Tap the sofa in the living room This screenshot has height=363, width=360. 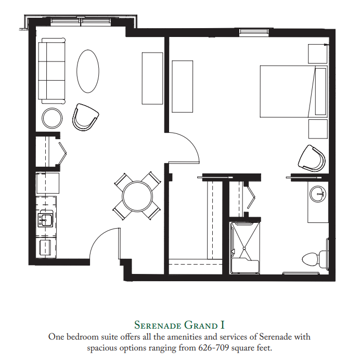[x=52, y=71]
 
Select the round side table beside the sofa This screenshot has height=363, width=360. [x=52, y=118]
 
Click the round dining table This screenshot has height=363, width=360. [x=137, y=196]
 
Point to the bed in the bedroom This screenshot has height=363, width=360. [x=293, y=92]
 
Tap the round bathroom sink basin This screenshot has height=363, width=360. [x=318, y=193]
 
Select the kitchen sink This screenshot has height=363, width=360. [x=46, y=220]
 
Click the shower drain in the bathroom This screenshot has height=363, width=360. [x=244, y=248]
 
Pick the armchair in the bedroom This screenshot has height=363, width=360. [x=312, y=158]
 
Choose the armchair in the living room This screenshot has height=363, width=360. [x=85, y=117]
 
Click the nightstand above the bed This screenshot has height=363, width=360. [x=318, y=54]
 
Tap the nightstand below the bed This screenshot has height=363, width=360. [x=318, y=129]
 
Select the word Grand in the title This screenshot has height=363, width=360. [x=201, y=325]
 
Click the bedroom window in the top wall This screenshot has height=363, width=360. [x=254, y=32]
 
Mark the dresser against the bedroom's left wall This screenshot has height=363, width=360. [x=183, y=86]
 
